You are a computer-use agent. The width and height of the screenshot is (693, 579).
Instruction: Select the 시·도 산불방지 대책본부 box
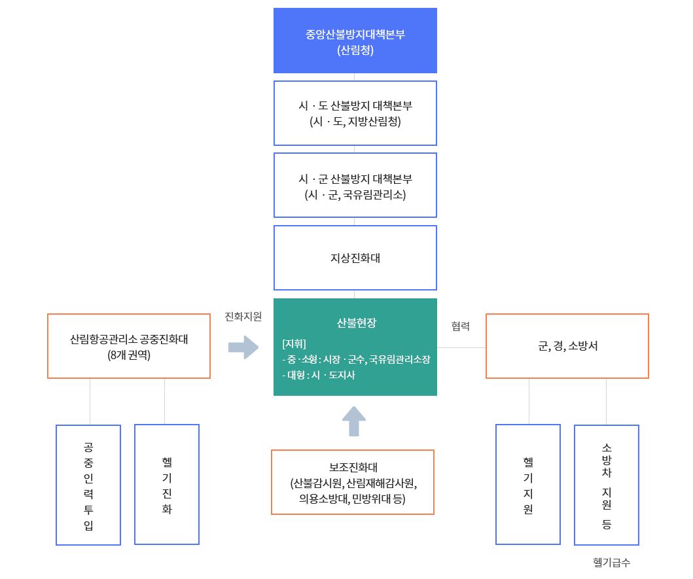pyautogui.click(x=355, y=113)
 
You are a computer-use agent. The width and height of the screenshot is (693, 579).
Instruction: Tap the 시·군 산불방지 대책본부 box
pyautogui.click(x=355, y=185)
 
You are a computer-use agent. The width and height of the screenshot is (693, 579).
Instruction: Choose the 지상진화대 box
pyautogui.click(x=355, y=258)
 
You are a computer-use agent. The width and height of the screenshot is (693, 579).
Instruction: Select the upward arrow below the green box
pyautogui.click(x=354, y=421)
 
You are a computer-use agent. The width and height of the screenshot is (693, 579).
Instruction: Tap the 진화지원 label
pyautogui.click(x=243, y=317)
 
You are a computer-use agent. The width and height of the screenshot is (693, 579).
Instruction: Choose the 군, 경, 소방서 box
pyautogui.click(x=567, y=346)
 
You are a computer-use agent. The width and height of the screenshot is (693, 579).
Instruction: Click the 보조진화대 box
pyautogui.click(x=353, y=482)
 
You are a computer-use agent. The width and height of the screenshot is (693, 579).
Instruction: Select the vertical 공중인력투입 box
pyautogui.click(x=88, y=485)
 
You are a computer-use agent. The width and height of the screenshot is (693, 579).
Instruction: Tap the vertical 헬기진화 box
pyautogui.click(x=167, y=485)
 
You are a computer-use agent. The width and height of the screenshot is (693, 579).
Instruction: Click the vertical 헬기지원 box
pyautogui.click(x=528, y=485)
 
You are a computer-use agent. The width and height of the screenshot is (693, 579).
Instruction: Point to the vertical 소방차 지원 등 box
pyautogui.click(x=607, y=485)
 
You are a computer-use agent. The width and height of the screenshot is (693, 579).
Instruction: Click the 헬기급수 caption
pyautogui.click(x=611, y=563)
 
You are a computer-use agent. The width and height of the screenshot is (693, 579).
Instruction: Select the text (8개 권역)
pyautogui.click(x=129, y=356)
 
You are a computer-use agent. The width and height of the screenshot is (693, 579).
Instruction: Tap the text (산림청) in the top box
pyautogui.click(x=355, y=50)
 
